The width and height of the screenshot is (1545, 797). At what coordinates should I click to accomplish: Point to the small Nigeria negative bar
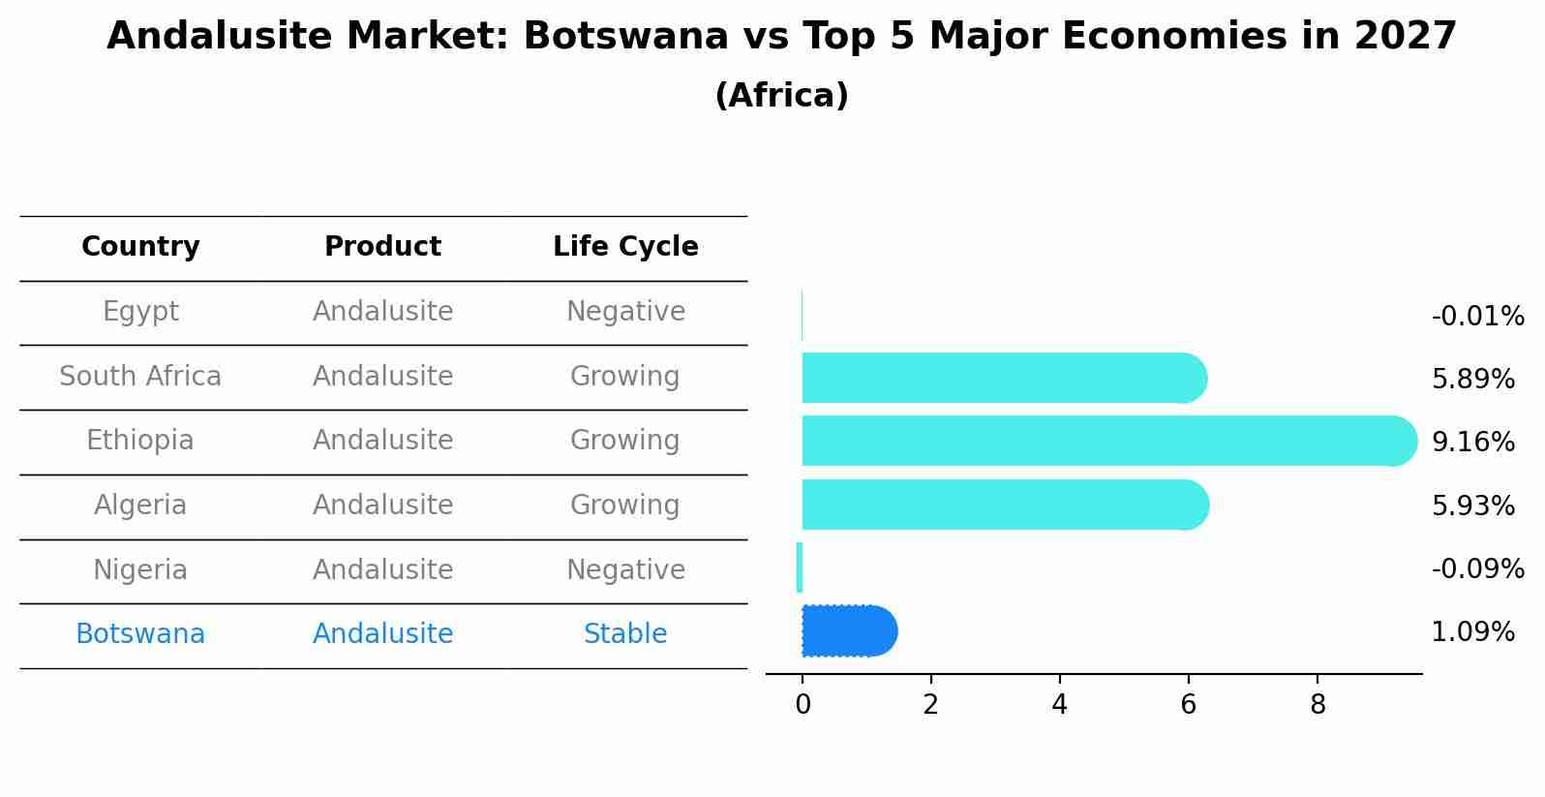click(x=800, y=567)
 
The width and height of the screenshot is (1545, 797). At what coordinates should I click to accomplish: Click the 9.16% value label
click(x=1472, y=443)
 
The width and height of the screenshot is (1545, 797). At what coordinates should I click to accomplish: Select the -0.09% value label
click(x=1477, y=569)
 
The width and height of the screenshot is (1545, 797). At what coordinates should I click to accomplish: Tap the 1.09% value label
click(x=1472, y=632)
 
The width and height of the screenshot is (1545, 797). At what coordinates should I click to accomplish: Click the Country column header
click(x=140, y=247)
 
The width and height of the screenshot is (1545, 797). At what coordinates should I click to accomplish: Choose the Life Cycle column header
click(x=625, y=247)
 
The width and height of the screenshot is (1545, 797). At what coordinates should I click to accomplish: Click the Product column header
click(x=382, y=247)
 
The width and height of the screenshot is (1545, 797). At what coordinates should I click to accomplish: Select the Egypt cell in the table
click(x=140, y=312)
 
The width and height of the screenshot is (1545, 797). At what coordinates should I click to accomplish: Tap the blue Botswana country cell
click(x=140, y=634)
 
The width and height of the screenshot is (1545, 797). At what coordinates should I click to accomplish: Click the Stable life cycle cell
click(x=625, y=634)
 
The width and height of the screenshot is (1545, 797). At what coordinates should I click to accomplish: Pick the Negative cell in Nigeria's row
click(x=625, y=569)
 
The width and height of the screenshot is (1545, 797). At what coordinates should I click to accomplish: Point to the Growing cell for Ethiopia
click(x=625, y=441)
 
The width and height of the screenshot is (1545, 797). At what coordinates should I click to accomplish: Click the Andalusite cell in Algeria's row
click(x=382, y=506)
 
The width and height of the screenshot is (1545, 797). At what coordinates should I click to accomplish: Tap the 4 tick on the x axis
click(x=1059, y=705)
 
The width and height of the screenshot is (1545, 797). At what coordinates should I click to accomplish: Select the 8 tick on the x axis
click(x=1318, y=705)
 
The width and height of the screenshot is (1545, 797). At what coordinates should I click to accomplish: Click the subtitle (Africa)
click(x=781, y=96)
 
